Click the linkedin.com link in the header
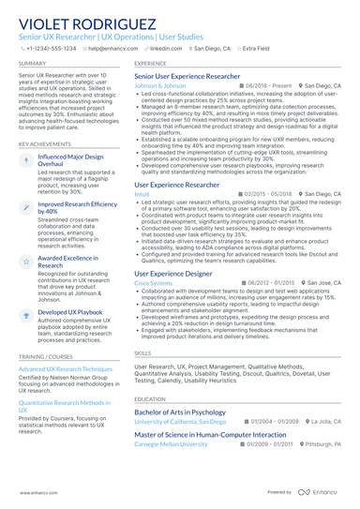[168, 48]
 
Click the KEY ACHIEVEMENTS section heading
[45, 143]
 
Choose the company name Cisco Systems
[154, 282]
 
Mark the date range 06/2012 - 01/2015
[272, 282]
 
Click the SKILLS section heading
[142, 352]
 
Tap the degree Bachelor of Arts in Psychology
[180, 412]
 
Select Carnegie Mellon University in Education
[171, 444]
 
